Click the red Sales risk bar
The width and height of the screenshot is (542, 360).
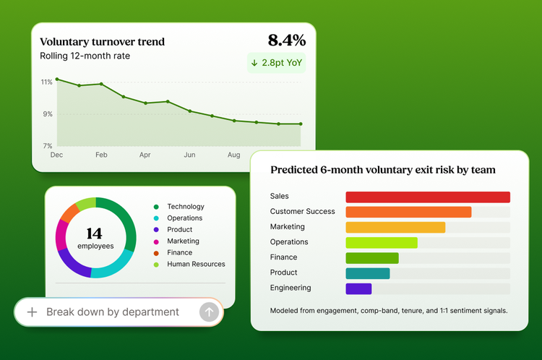[x=428, y=197]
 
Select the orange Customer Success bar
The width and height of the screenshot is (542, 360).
[x=408, y=212]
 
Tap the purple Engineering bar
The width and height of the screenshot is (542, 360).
[x=358, y=288]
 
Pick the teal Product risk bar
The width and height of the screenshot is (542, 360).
[x=368, y=273]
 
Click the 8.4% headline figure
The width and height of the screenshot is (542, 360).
[x=287, y=40]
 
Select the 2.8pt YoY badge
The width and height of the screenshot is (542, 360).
[x=277, y=63]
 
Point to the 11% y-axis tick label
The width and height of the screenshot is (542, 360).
[x=47, y=82]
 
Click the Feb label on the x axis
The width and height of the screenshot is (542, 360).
[x=101, y=155]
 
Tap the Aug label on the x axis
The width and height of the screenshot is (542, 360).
[x=233, y=155]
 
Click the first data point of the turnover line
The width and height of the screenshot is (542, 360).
[x=57, y=80]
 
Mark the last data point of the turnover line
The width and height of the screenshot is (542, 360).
[x=301, y=124]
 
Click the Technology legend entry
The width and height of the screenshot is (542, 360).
[x=179, y=207]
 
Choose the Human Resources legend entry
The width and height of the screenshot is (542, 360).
[x=189, y=264]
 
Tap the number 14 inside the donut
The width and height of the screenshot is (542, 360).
[x=95, y=233]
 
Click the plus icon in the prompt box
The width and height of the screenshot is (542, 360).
[x=32, y=312]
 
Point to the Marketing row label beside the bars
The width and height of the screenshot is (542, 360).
[x=287, y=226]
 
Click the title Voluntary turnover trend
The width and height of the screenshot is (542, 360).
[x=103, y=42]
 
